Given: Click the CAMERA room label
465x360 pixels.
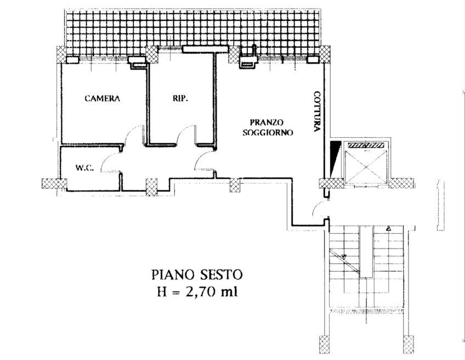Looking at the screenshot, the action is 102,98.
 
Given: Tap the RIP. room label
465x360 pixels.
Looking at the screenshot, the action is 180,98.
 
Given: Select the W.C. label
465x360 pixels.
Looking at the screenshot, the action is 85,168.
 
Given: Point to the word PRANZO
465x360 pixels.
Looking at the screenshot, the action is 266,122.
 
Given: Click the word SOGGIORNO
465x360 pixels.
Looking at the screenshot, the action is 268,132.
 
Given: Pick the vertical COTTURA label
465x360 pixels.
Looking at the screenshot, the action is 317,111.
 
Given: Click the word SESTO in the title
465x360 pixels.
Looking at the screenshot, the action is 221,275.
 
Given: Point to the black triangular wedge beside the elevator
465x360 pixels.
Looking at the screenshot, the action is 334,158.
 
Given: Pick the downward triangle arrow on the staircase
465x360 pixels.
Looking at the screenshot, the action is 344,257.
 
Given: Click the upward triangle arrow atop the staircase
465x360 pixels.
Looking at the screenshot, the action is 388,228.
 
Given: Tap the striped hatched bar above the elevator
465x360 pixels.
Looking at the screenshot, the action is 366,145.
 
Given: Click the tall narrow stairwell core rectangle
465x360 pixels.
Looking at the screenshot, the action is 366,252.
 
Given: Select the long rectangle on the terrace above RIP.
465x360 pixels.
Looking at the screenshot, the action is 205,49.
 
